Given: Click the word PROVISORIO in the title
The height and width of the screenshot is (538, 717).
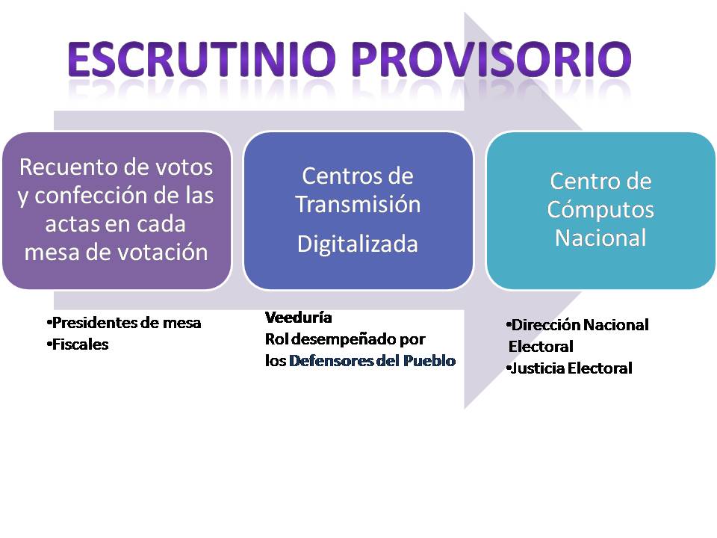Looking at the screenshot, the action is pos(491,59).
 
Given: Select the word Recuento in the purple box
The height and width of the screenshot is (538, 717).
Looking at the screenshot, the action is pos(66,167).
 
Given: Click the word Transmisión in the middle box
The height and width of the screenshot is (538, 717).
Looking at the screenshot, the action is pos(358,204).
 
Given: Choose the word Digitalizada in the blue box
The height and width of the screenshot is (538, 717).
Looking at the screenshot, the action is pos(358,244).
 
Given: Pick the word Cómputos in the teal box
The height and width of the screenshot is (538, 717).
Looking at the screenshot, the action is pos(600,209).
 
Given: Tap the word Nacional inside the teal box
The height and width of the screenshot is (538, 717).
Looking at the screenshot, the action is pos(600,238).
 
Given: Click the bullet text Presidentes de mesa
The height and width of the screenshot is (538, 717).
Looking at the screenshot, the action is pos(124,323).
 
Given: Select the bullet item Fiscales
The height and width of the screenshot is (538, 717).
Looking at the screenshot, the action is pos(78,344).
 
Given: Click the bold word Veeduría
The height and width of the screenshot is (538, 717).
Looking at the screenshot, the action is pos(299,317).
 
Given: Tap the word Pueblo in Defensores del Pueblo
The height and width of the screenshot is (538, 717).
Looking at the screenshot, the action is pos(429,360).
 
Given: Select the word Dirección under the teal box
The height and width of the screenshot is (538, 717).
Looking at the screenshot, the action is pos(544,325).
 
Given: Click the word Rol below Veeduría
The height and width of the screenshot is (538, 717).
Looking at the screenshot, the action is pos(276,339).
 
